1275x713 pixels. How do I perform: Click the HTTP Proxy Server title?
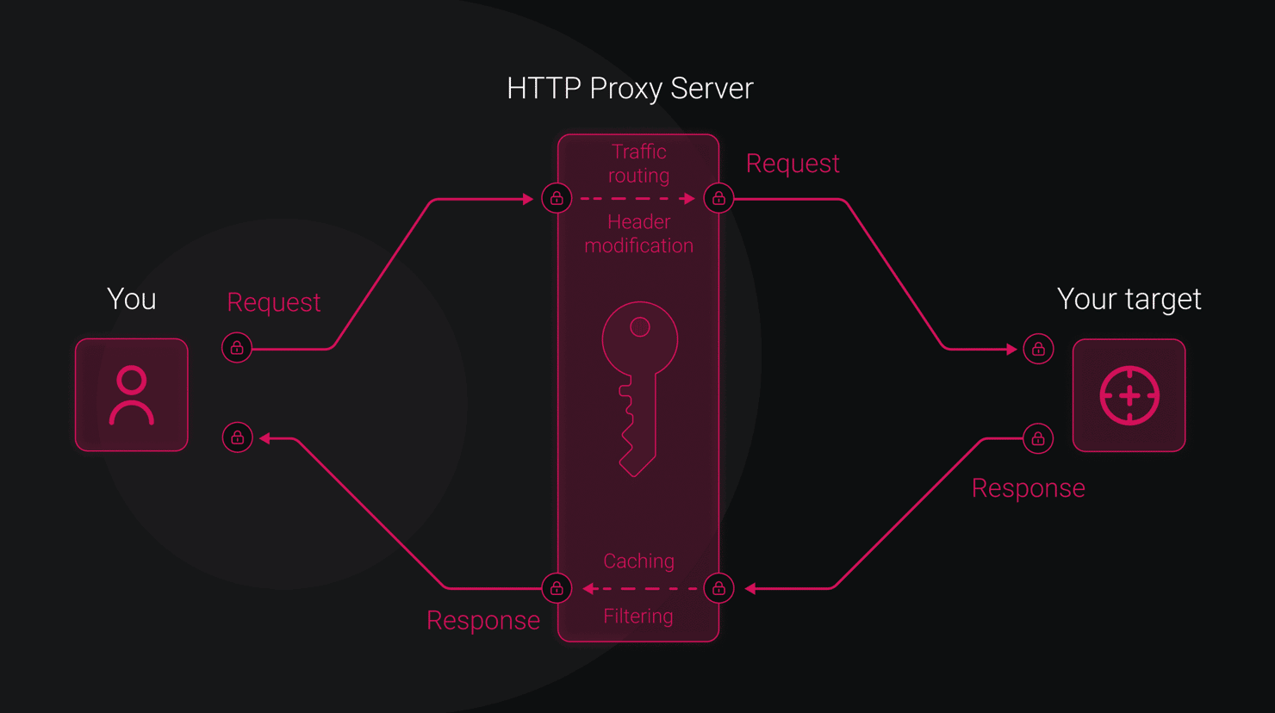click(x=630, y=89)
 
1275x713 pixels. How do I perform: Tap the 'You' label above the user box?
click(x=132, y=299)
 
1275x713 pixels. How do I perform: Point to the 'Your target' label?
click(x=1129, y=300)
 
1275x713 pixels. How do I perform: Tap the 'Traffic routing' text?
click(x=638, y=164)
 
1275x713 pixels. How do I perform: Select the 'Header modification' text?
click(x=638, y=234)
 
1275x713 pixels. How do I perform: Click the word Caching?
click(x=638, y=561)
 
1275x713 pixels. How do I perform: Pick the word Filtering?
click(x=638, y=617)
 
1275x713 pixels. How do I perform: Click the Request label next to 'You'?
click(x=274, y=302)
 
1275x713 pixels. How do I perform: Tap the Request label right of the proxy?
click(x=793, y=164)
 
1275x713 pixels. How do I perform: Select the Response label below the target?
click(x=1029, y=488)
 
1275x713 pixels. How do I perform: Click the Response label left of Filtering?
click(x=483, y=620)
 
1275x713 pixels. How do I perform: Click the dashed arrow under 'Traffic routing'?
click(x=637, y=199)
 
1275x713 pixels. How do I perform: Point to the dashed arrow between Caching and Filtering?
click(x=640, y=588)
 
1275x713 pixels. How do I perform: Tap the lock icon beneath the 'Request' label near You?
click(x=237, y=348)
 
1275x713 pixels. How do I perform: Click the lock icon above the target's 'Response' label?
click(x=1038, y=438)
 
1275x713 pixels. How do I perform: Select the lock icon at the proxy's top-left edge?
click(x=557, y=198)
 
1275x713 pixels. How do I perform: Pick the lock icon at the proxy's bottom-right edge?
click(x=718, y=588)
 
